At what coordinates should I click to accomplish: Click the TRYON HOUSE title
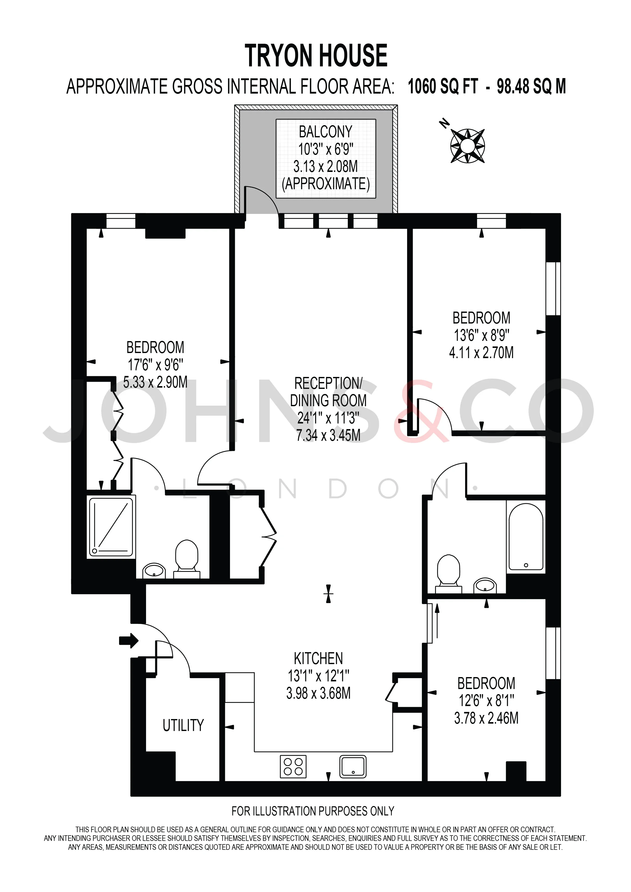[316, 55]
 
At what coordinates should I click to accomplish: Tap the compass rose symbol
[467, 146]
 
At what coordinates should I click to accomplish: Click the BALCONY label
[326, 132]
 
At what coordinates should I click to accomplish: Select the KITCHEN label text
[318, 659]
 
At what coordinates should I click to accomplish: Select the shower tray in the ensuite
[111, 527]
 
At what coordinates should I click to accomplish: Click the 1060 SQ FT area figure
[442, 86]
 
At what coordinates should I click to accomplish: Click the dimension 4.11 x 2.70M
[481, 352]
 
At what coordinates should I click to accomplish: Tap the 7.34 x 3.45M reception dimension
[328, 435]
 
